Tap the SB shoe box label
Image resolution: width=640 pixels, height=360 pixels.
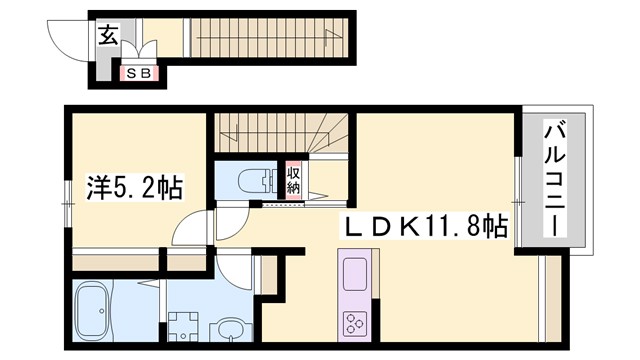137,71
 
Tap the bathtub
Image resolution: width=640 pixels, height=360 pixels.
99,311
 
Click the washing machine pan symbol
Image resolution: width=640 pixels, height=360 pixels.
182,324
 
